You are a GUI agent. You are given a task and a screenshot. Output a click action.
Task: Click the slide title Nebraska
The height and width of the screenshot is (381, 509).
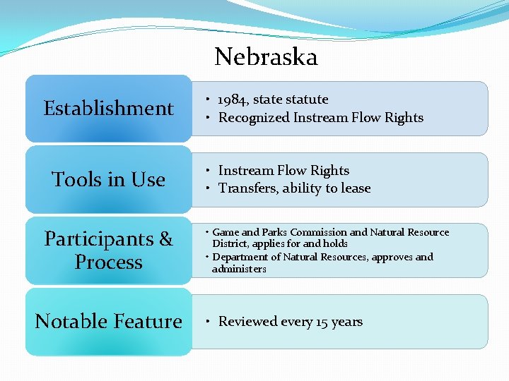pyautogui.click(x=266, y=56)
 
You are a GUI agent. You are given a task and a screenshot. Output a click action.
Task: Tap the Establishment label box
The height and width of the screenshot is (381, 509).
pyautogui.click(x=108, y=109)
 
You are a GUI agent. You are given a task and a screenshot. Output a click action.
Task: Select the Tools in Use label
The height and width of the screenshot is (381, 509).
pyautogui.click(x=108, y=180)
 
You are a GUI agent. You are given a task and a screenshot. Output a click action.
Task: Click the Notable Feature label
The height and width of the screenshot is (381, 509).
pyautogui.click(x=108, y=322)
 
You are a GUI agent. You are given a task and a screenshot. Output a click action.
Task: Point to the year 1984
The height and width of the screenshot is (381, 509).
pyautogui.click(x=233, y=99)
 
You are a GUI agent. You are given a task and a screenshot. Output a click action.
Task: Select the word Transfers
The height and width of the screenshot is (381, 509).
pyautogui.click(x=247, y=188)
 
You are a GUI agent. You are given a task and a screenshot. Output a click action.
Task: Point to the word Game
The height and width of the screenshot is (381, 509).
pyautogui.click(x=226, y=232)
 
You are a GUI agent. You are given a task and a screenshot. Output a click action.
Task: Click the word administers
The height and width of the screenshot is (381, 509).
pyautogui.click(x=239, y=269)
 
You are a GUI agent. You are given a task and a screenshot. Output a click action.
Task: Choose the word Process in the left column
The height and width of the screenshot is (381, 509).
pyautogui.click(x=108, y=262)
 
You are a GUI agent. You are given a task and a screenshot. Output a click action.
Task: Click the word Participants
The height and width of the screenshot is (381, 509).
pyautogui.click(x=99, y=239)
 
